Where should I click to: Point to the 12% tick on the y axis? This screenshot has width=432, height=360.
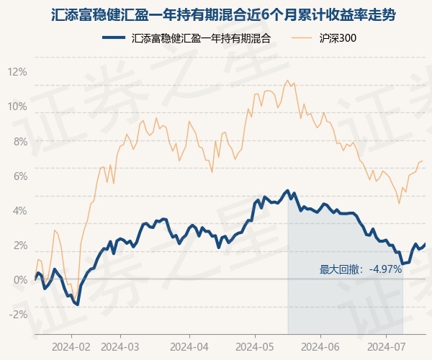point(17,72)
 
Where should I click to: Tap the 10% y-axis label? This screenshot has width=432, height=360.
point(17,107)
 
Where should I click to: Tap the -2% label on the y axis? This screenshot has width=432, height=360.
point(17,314)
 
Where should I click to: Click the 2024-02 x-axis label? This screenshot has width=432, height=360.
point(72,346)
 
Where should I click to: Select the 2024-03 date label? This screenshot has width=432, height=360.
point(120,346)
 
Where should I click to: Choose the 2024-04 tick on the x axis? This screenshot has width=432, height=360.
point(189,346)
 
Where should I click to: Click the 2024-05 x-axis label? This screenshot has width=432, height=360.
point(255,346)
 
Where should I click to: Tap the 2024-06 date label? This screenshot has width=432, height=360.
point(321,346)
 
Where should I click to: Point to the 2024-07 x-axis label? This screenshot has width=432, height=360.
point(386,346)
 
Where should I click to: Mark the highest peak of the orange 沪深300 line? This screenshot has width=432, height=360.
point(287,80)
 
